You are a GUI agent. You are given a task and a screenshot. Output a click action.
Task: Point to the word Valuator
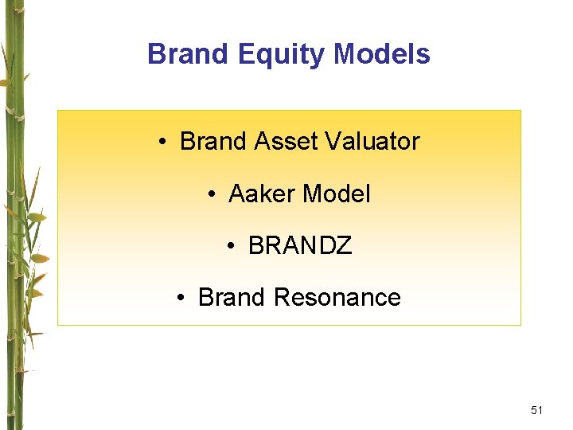point(371,141)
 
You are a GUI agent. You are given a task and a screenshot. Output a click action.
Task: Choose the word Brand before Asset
point(213,141)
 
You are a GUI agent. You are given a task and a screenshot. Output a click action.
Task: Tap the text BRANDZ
point(299,246)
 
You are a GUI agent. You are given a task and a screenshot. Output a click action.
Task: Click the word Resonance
point(337,297)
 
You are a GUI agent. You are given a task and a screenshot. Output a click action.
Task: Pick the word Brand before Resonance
point(231,297)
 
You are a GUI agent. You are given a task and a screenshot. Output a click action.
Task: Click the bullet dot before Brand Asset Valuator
point(162,143)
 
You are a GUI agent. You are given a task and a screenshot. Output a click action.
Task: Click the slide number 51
point(536,410)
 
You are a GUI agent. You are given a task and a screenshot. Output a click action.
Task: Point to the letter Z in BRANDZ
point(343,246)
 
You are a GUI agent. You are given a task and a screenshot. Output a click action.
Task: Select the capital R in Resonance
point(281,297)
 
